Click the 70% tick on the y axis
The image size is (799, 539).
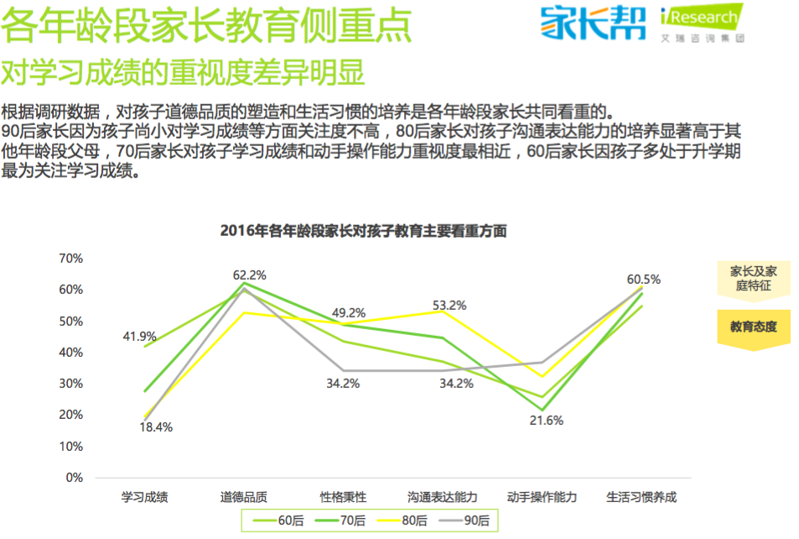(70, 258)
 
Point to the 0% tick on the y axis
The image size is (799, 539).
(74, 478)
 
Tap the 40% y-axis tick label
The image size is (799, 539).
(70, 353)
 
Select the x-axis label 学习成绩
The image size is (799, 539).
(145, 497)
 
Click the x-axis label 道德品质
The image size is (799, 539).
(244, 497)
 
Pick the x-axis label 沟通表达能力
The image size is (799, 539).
(443, 497)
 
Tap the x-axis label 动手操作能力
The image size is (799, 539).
(542, 497)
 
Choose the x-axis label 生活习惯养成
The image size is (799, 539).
(641, 497)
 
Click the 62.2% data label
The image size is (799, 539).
(249, 275)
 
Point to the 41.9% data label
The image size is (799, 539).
(139, 336)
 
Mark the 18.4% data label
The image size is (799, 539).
(156, 426)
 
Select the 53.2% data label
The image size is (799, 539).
(449, 306)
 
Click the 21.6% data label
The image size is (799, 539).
(546, 421)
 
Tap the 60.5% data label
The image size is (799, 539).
(644, 280)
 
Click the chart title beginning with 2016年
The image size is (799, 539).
(363, 231)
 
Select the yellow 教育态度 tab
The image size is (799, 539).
(753, 327)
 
